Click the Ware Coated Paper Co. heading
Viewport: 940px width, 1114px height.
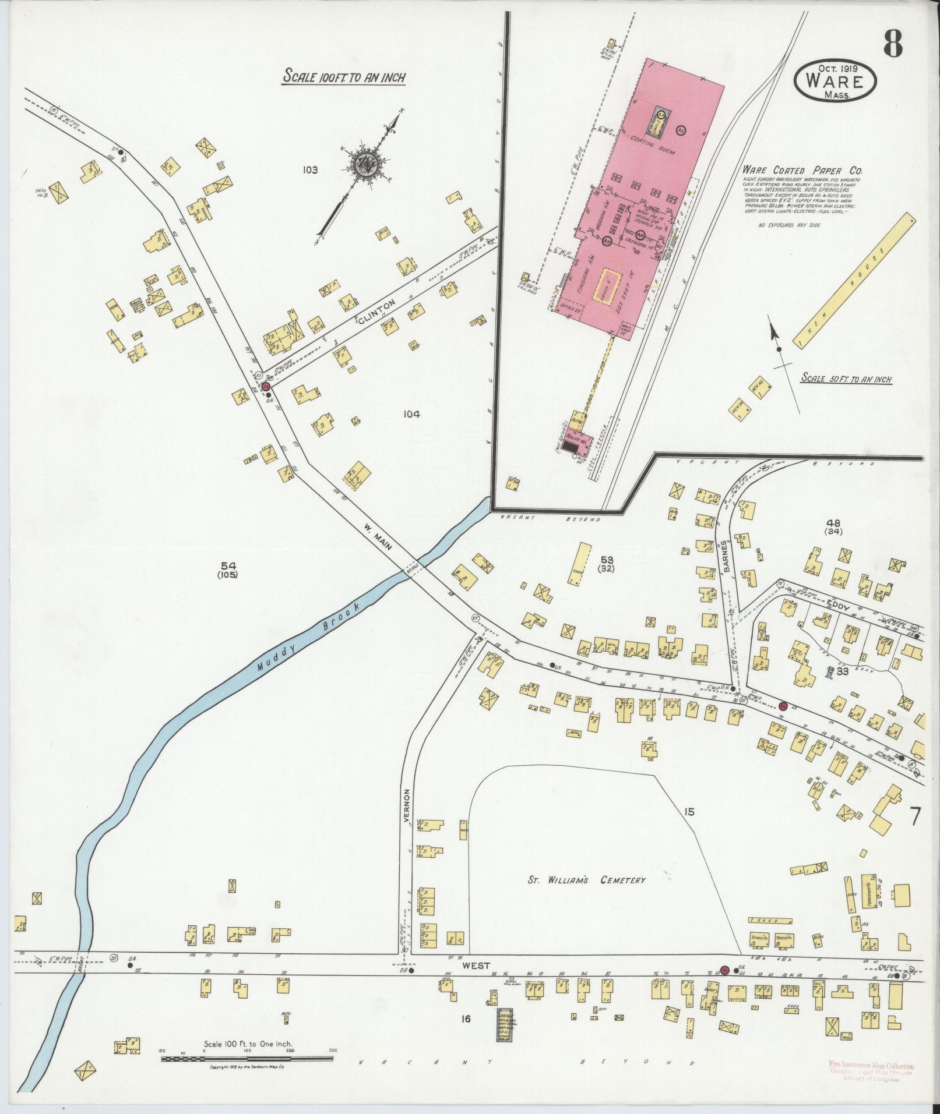click(802, 171)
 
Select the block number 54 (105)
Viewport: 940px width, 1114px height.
click(229, 570)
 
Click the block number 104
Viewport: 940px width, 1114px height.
click(411, 414)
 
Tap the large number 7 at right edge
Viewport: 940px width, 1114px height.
click(915, 817)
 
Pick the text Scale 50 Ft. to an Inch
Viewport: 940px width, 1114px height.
click(846, 379)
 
